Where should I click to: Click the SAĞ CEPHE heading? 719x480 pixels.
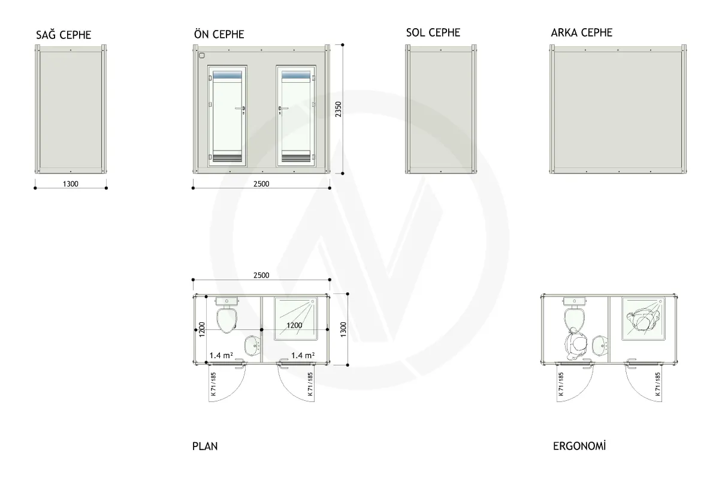point(64,35)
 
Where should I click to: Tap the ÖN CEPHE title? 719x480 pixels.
point(219,34)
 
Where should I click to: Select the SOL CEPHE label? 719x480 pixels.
point(433,32)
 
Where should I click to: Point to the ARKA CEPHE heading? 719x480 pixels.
point(582,32)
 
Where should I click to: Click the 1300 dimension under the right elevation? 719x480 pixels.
point(71,184)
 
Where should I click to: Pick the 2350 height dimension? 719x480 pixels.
point(339,109)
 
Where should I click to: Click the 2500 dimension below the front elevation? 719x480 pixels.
point(261,184)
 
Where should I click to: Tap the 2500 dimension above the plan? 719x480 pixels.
point(261,275)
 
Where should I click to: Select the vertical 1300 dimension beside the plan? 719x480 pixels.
point(343,329)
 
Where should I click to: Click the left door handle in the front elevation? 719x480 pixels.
point(240,109)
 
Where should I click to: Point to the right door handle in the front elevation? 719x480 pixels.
point(283,109)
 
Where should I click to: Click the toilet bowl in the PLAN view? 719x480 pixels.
point(227,320)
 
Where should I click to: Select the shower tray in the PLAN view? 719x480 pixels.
point(296,319)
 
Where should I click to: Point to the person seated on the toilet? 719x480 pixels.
point(576,344)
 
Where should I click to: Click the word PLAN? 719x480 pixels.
point(205,446)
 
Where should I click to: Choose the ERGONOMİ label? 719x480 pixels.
point(579,446)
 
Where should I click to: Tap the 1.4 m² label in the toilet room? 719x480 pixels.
point(221,355)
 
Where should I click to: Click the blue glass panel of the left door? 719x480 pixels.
point(227,75)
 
